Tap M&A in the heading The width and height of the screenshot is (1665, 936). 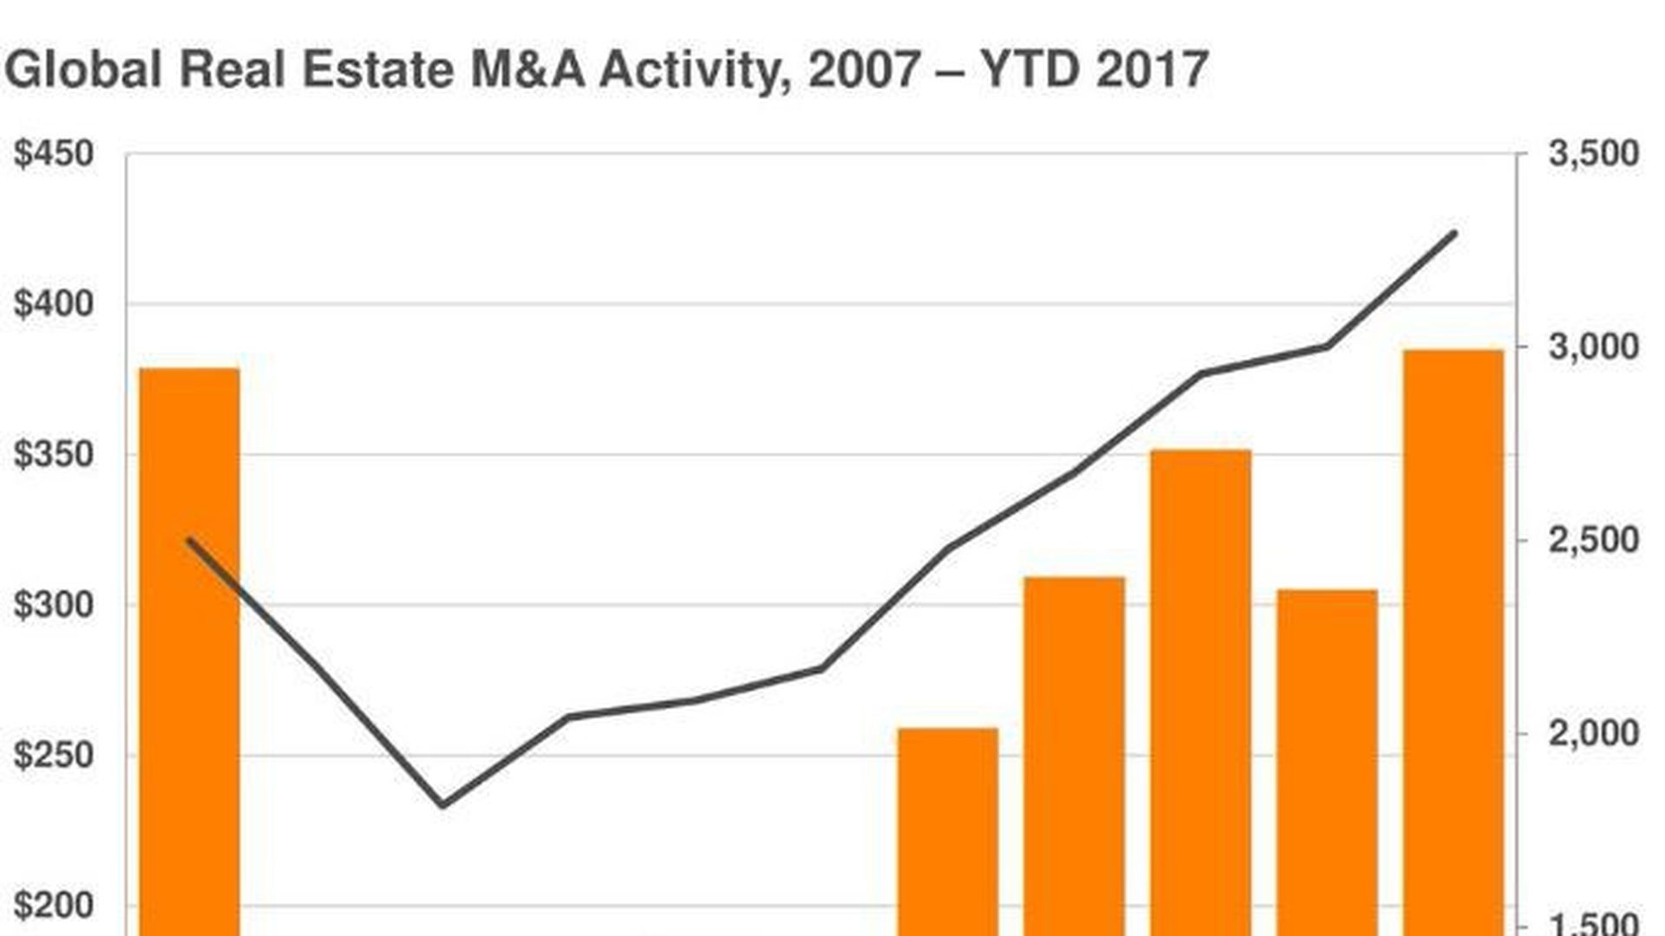(528, 69)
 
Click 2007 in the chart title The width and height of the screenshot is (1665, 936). (864, 69)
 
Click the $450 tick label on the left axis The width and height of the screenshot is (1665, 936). (54, 154)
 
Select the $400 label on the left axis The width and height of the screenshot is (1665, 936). (54, 304)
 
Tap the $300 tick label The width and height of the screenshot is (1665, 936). (54, 605)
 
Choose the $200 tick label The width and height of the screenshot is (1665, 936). (54, 907)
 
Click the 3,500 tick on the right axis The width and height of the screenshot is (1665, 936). (1594, 154)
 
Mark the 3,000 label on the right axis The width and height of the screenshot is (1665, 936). (1594, 348)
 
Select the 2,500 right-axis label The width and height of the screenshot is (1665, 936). (1594, 541)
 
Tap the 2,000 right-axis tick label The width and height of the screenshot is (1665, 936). (1594, 734)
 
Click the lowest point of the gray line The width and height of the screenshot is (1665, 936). (443, 804)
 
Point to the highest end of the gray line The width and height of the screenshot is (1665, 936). (1454, 233)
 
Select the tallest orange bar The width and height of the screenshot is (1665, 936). (1453, 641)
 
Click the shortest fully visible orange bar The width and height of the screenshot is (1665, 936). (948, 832)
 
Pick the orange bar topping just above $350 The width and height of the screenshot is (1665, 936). (1201, 693)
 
